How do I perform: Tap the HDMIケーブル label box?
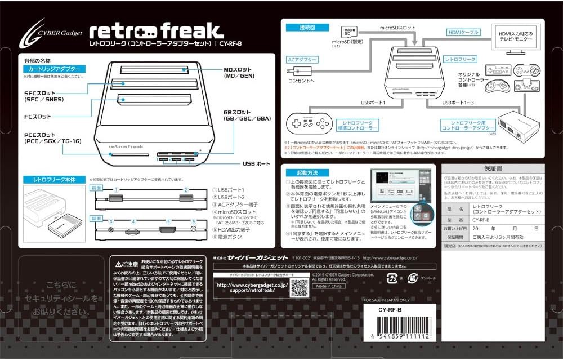pyautogui.click(x=463, y=32)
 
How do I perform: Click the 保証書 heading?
pyautogui.click(x=491, y=168)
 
